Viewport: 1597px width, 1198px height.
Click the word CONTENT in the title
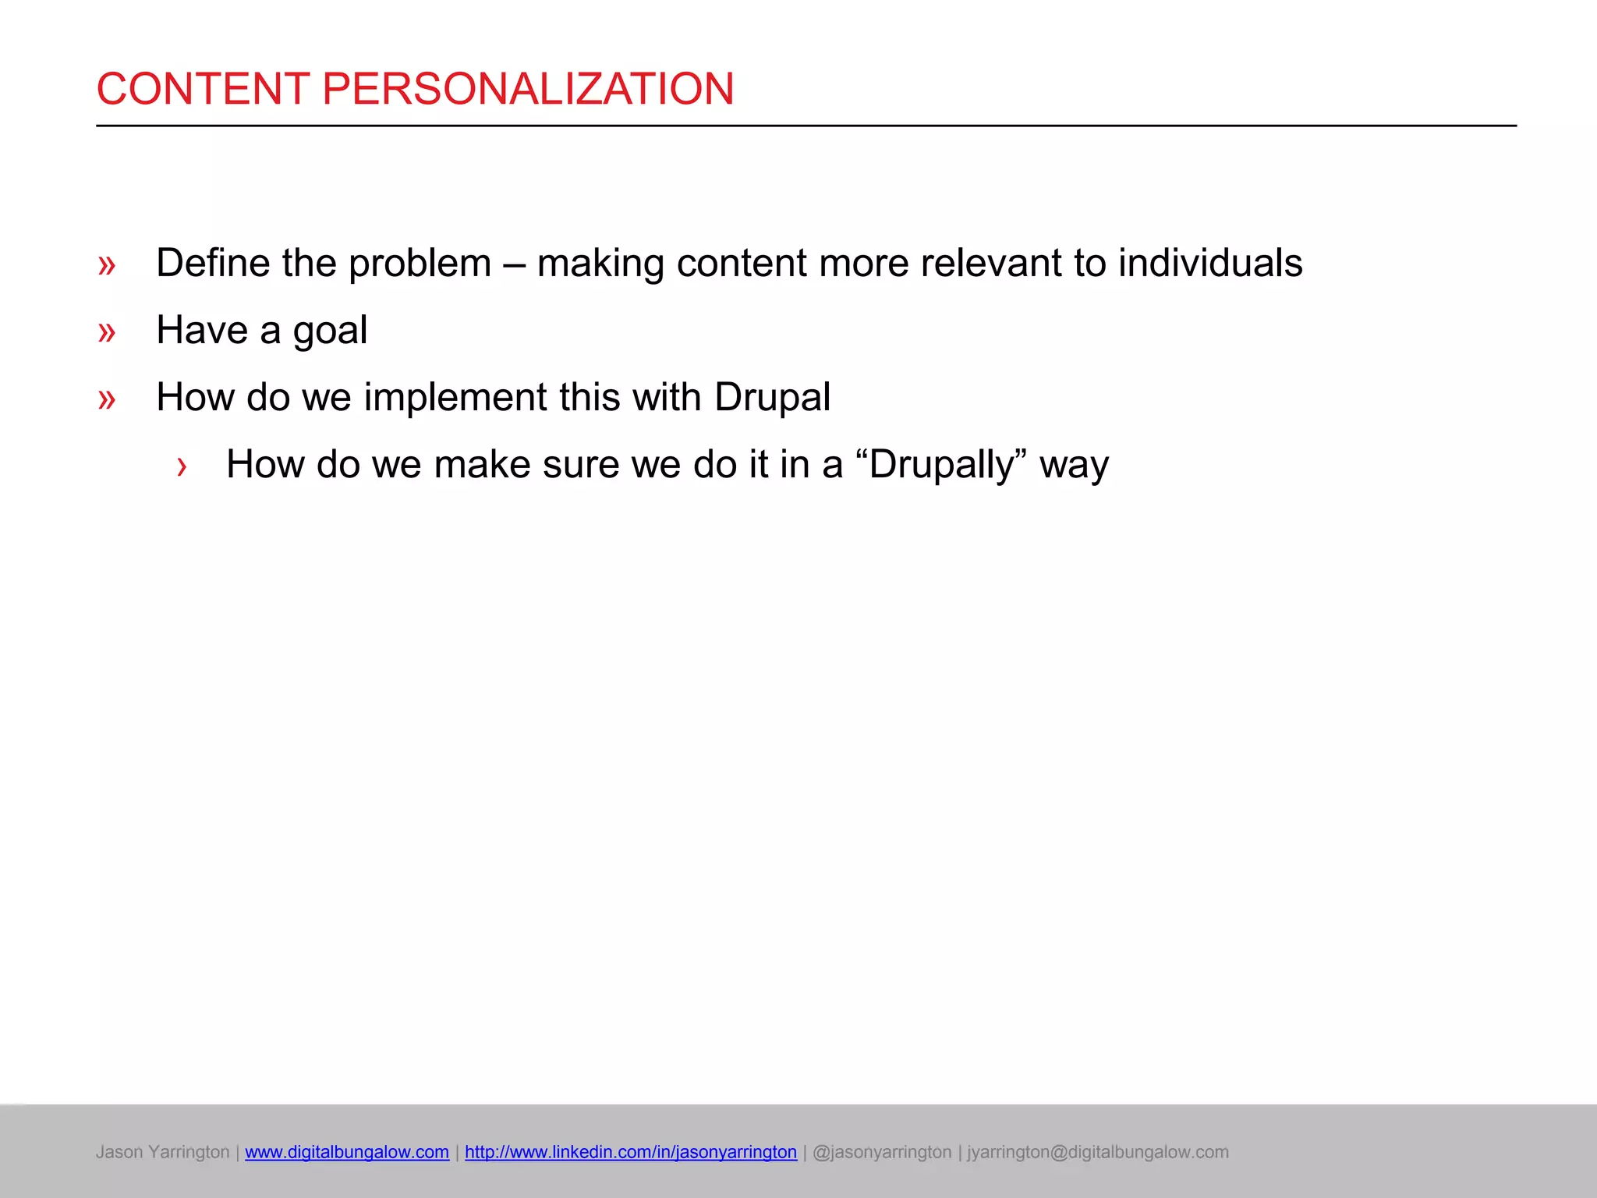point(203,89)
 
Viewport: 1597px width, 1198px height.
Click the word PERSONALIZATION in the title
point(528,89)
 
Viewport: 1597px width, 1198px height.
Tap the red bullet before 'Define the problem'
point(107,266)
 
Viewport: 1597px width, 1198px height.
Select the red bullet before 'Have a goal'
point(107,333)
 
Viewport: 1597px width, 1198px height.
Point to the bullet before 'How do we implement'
point(107,400)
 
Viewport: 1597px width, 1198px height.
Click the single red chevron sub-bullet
point(182,467)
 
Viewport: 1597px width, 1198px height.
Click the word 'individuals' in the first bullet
point(1210,263)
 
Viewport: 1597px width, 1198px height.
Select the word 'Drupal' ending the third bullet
point(772,398)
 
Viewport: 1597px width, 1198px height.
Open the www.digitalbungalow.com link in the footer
point(347,1152)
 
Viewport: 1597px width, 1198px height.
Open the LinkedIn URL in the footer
point(631,1152)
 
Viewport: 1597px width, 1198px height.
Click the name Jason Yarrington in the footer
point(162,1152)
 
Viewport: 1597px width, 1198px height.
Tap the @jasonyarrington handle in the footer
point(882,1152)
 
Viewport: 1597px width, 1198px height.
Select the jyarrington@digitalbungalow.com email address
point(1097,1152)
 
